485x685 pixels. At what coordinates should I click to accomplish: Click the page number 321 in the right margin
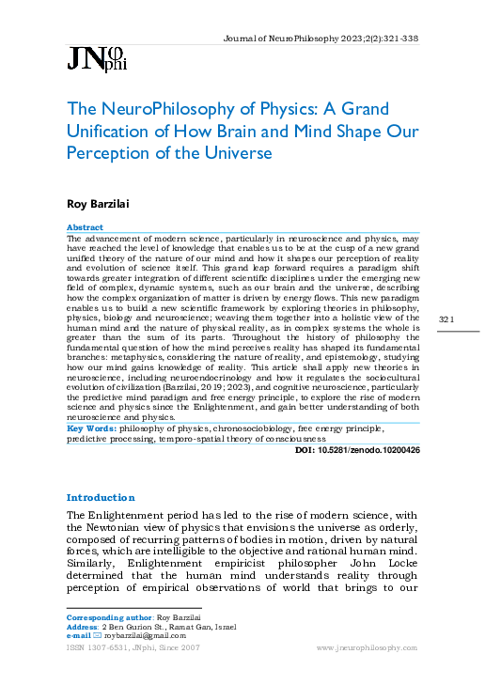coord(446,321)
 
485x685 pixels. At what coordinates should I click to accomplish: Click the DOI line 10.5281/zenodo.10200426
coord(357,450)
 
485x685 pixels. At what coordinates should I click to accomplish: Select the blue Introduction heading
coord(101,497)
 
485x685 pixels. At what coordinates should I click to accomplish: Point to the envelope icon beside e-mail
coord(96,635)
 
